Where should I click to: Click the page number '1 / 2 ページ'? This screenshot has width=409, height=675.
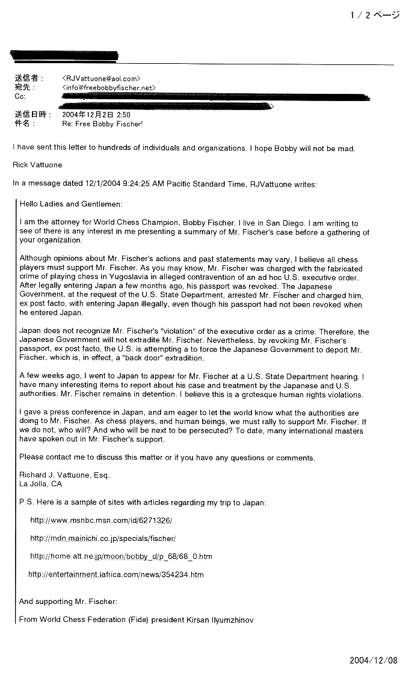click(x=375, y=16)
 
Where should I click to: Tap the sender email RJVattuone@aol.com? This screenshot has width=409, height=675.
click(x=101, y=78)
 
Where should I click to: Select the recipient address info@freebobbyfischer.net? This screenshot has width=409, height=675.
click(x=109, y=88)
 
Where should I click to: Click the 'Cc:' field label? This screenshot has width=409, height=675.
click(x=20, y=97)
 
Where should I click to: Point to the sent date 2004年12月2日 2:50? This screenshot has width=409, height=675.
click(x=96, y=114)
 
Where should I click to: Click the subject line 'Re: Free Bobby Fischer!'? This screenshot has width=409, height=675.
click(x=102, y=124)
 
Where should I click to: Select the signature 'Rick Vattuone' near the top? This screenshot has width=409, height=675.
click(x=37, y=165)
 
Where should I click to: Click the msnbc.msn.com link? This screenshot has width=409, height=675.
click(x=101, y=520)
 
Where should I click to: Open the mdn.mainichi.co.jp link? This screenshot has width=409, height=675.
click(x=103, y=538)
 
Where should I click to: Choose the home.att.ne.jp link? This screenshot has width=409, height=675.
click(x=121, y=556)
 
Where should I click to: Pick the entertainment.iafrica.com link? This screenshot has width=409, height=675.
click(x=116, y=575)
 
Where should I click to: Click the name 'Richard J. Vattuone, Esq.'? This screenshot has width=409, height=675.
click(x=64, y=475)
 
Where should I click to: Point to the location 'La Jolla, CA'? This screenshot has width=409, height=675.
click(x=40, y=484)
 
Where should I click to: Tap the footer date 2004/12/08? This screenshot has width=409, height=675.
click(x=374, y=660)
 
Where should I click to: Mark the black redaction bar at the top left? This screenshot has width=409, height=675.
click(x=64, y=56)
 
